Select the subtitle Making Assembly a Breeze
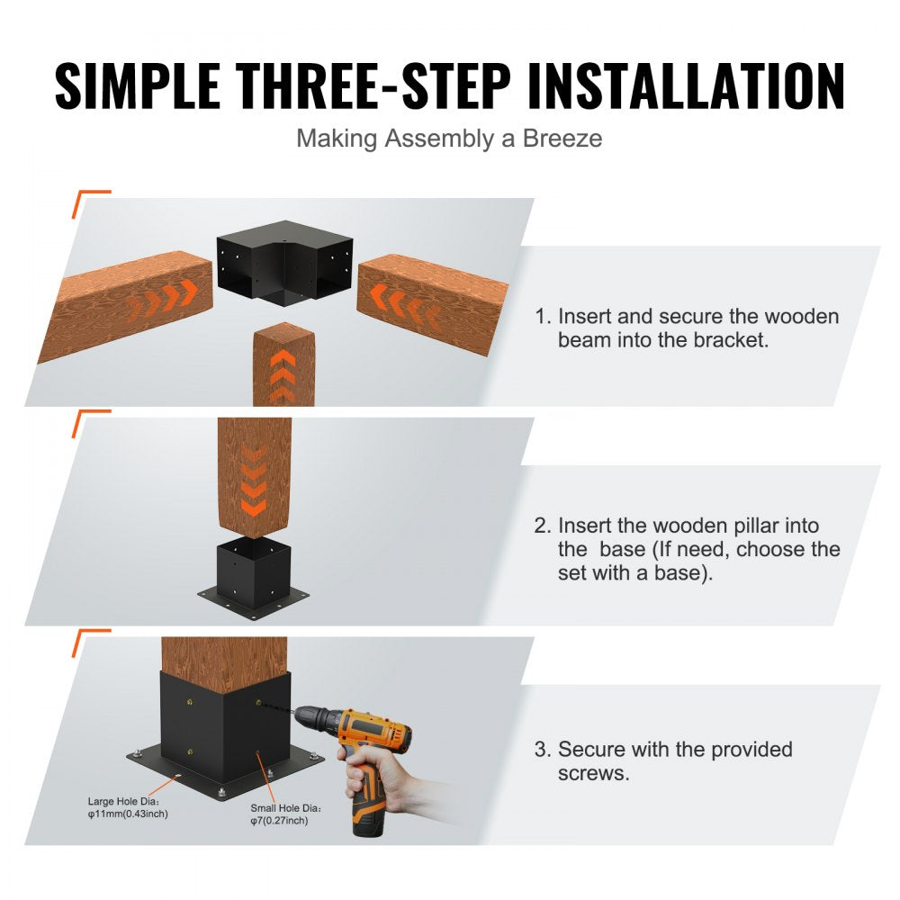pos(449,139)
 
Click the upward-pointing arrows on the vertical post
pos(282,373)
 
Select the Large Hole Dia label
pos(123,800)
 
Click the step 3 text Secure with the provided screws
pos(675,760)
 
